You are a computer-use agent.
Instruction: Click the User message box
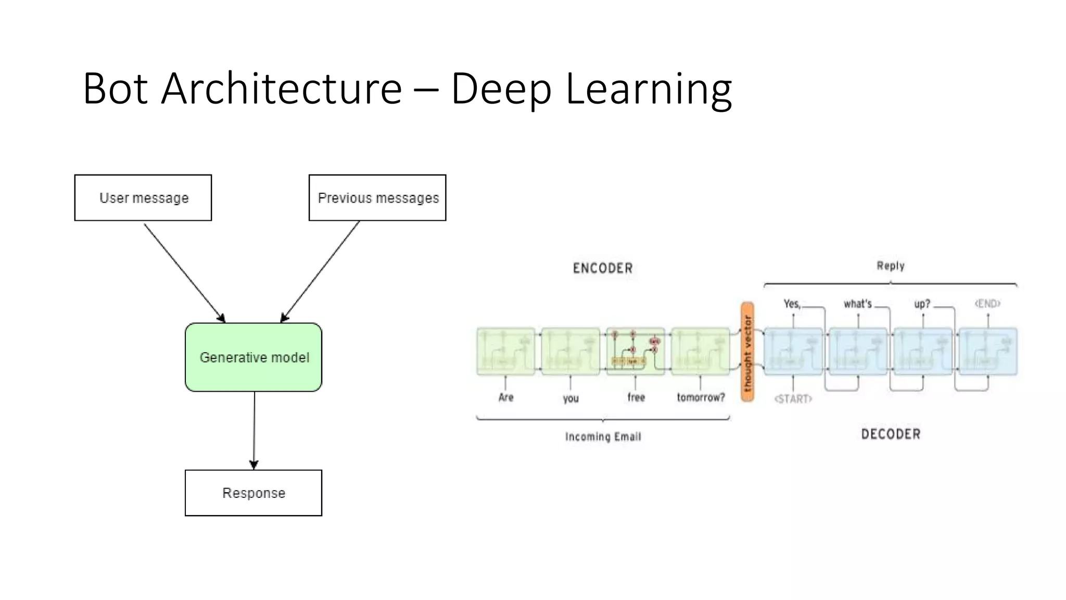[143, 198]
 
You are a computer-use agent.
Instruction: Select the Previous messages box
[377, 198]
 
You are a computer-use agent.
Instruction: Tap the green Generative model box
[253, 357]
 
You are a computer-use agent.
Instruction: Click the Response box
[253, 493]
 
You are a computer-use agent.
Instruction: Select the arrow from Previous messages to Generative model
[321, 271]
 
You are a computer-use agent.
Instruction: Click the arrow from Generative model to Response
[254, 430]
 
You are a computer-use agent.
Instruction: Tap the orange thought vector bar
[747, 352]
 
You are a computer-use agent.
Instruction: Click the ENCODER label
[603, 268]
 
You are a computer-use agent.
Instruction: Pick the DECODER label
[891, 434]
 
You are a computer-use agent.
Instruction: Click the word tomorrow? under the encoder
[701, 397]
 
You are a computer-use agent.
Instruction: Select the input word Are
[506, 397]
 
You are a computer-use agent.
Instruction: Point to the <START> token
[793, 399]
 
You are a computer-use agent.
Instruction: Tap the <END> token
[987, 303]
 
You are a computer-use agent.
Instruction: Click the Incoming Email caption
[603, 436]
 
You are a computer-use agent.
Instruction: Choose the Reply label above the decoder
[891, 266]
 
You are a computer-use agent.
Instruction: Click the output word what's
[857, 304]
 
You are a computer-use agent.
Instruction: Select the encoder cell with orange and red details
[636, 351]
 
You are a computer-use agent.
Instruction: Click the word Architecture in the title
[282, 89]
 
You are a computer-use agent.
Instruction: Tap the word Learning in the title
[649, 89]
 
